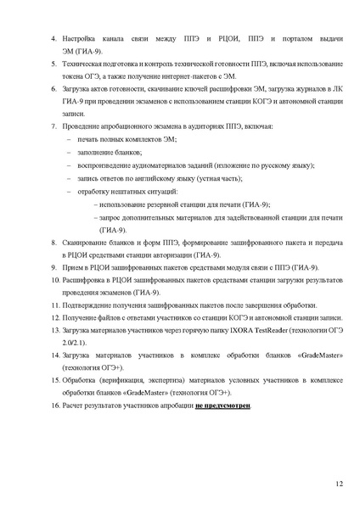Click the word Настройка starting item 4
(x=83, y=41)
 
